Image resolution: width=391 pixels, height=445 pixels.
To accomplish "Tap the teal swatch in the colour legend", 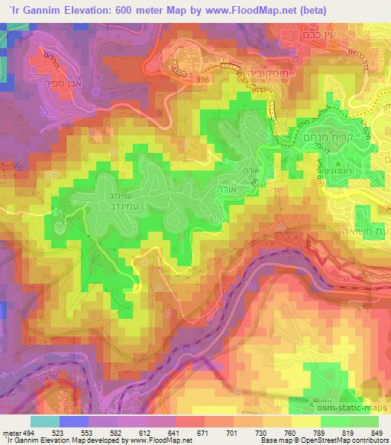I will point(44,421).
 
